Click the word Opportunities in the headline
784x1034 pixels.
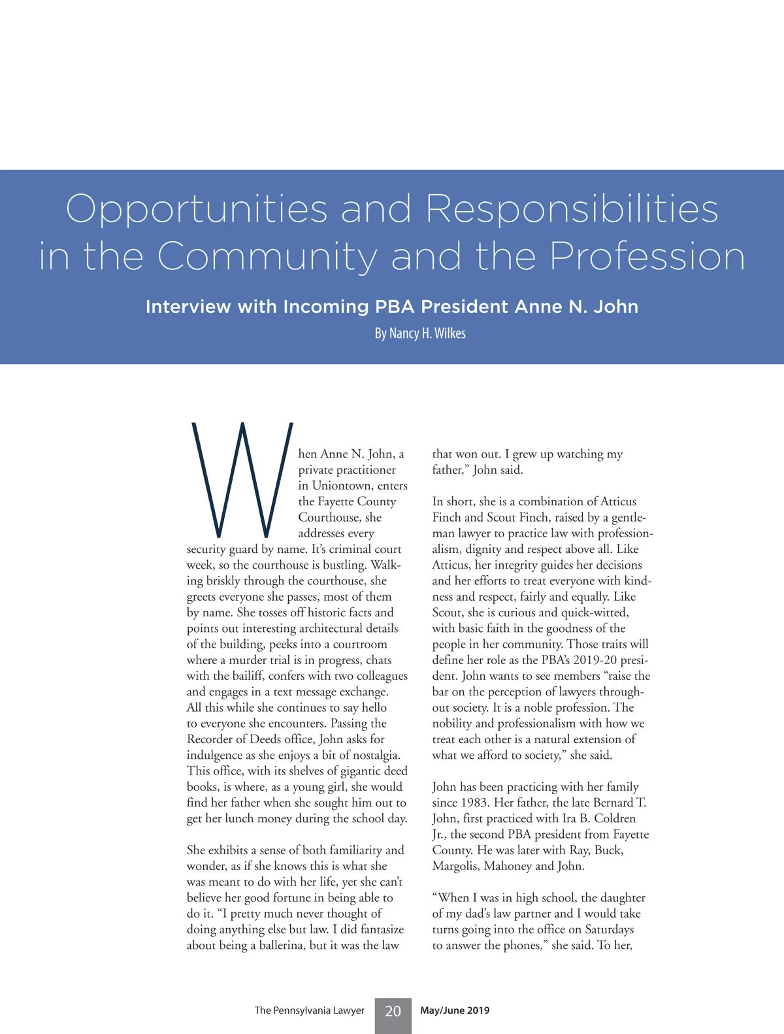[196, 210]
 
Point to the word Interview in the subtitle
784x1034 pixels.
[188, 307]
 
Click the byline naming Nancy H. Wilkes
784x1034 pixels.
[420, 333]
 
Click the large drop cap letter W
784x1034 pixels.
[241, 480]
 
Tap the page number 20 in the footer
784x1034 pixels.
[393, 1011]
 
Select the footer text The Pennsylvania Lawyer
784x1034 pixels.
[309, 1010]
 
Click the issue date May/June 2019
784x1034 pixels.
[455, 1010]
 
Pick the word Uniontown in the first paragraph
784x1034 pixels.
[342, 486]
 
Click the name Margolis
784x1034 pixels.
[456, 866]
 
